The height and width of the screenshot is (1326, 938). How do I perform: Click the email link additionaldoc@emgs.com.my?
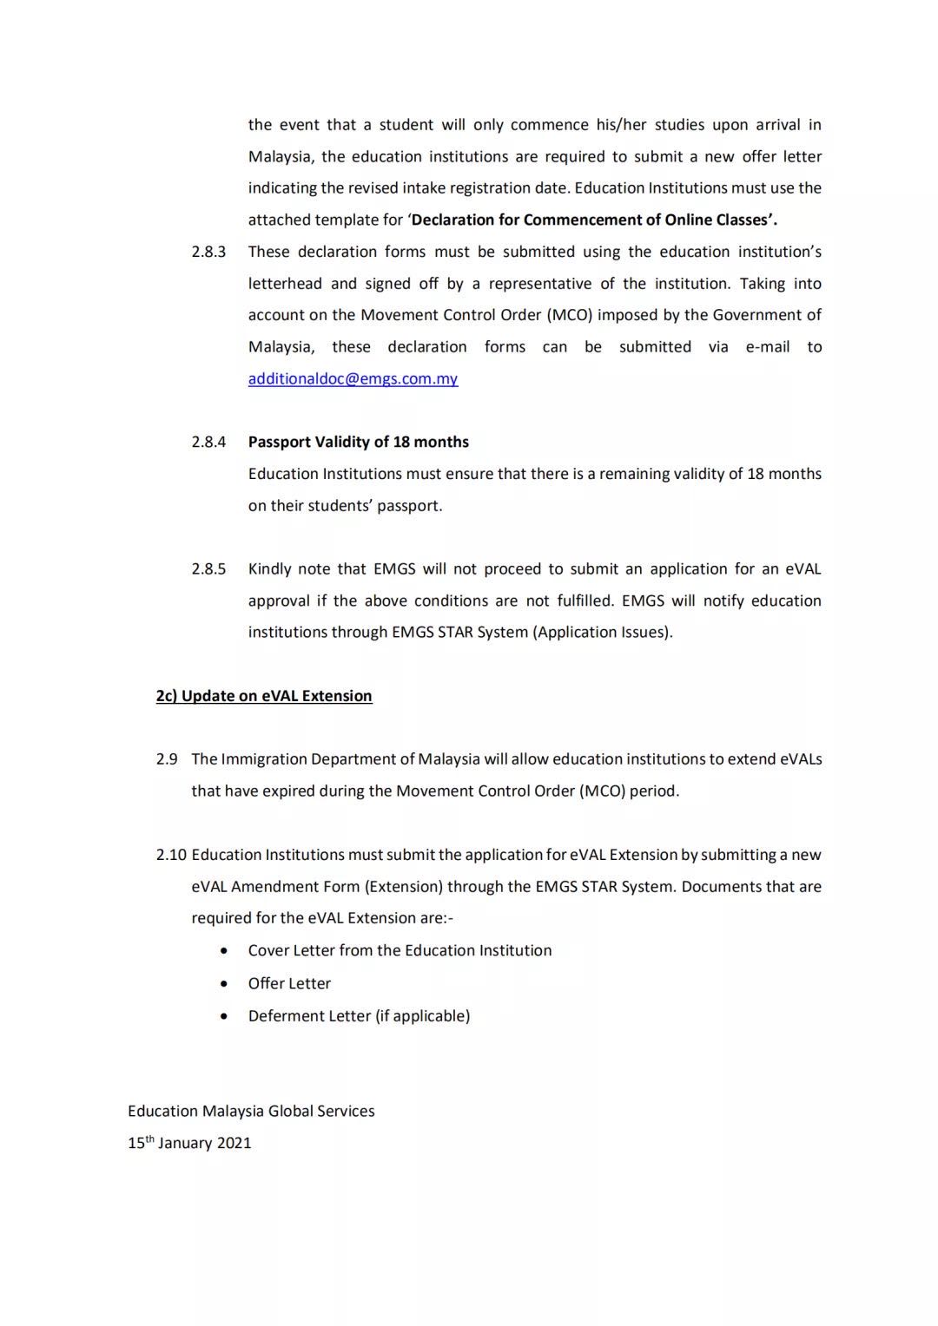pyautogui.click(x=353, y=379)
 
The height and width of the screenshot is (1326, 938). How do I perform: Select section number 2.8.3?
pyautogui.click(x=208, y=253)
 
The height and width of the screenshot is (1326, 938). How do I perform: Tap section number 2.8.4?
pyautogui.click(x=208, y=443)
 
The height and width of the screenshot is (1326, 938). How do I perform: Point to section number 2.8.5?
pyautogui.click(x=208, y=569)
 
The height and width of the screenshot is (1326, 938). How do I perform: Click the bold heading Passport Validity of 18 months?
pyautogui.click(x=358, y=443)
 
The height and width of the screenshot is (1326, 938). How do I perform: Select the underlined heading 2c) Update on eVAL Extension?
pyautogui.click(x=264, y=696)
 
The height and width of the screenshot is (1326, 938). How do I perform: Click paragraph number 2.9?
pyautogui.click(x=167, y=759)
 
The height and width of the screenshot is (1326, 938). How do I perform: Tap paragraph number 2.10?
pyautogui.click(x=171, y=855)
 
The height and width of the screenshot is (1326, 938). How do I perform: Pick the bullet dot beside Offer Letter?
pyautogui.click(x=225, y=984)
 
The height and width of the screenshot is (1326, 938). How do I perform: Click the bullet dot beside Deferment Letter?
pyautogui.click(x=225, y=1016)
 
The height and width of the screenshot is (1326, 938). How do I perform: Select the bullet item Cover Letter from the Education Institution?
pyautogui.click(x=400, y=951)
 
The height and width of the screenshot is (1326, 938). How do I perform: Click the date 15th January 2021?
pyautogui.click(x=189, y=1143)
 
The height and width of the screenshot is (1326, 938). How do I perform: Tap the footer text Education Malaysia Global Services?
pyautogui.click(x=251, y=1112)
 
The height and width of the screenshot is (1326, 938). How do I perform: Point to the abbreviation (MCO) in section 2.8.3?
pyautogui.click(x=570, y=315)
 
